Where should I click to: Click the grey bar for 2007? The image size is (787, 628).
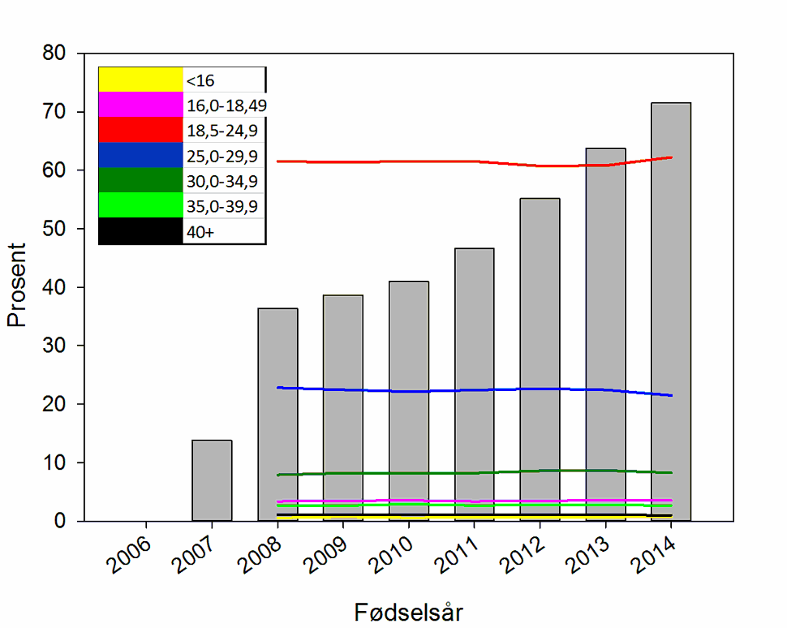point(212,480)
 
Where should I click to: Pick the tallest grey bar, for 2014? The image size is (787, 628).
point(671,308)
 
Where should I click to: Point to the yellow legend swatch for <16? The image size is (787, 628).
point(140,80)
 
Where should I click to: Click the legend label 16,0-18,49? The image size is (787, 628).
point(226,105)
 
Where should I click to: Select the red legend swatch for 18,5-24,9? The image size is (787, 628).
point(140,130)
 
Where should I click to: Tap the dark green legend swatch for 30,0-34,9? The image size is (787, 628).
point(140,180)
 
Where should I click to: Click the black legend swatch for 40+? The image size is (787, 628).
point(140,231)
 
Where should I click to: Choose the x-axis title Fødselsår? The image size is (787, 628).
point(409,611)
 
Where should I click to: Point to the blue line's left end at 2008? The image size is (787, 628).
point(278,388)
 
